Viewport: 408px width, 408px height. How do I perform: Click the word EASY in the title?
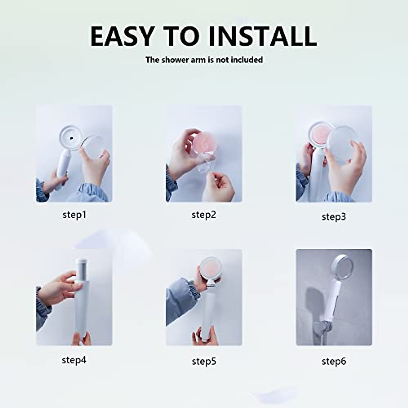[122, 36]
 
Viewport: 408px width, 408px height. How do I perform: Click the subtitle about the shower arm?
[204, 60]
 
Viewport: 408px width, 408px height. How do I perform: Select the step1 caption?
[74, 215]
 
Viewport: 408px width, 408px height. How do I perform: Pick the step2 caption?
[204, 215]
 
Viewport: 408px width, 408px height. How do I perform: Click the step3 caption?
[334, 217]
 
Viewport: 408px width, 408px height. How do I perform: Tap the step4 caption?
[74, 360]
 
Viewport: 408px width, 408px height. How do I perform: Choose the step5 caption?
[204, 361]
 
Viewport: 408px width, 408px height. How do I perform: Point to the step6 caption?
[334, 361]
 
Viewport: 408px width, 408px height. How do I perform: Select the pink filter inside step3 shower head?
[319, 134]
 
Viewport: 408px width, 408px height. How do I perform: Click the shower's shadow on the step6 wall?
[315, 299]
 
